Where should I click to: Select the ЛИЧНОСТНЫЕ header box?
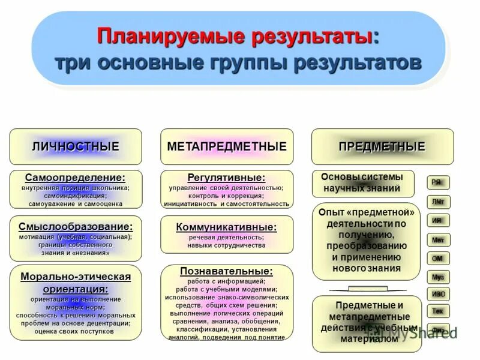[76, 146]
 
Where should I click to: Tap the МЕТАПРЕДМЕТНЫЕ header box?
[227, 146]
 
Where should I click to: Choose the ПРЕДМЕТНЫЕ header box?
[382, 146]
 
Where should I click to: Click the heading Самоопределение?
[76, 178]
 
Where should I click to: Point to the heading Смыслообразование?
[76, 227]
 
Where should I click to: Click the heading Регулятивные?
[227, 178]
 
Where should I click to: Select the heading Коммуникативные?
[227, 227]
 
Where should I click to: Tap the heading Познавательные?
[227, 271]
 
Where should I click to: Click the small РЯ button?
[438, 182]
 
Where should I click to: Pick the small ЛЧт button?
[438, 202]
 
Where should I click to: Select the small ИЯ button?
[438, 220]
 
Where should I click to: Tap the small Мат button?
[438, 239]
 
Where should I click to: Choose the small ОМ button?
[438, 258]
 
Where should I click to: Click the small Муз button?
[438, 277]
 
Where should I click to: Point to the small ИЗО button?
[438, 294]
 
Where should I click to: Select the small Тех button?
[438, 311]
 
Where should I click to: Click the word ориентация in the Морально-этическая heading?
[76, 289]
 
